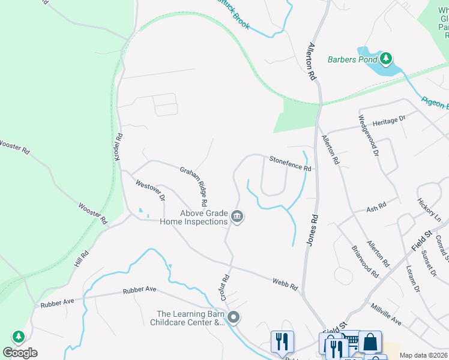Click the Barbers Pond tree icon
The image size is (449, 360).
point(387,59)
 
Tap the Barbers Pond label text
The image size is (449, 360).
point(352,59)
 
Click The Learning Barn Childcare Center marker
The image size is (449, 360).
point(234,317)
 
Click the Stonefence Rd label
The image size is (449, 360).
point(290,164)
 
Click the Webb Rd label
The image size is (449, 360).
point(285,284)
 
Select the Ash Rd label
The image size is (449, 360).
point(376,208)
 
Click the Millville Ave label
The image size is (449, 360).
point(388,314)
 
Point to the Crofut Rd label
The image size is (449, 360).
point(226,287)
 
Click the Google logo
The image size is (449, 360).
point(20,352)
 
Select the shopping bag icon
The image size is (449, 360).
point(370,342)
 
